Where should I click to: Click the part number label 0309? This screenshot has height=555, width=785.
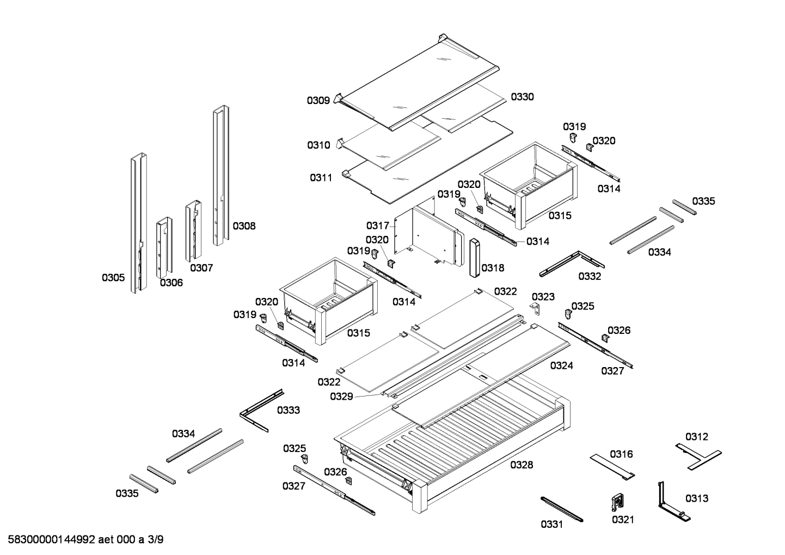[318, 100]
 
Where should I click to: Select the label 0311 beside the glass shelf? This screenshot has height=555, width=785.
[321, 178]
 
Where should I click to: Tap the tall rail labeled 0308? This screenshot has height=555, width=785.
[220, 174]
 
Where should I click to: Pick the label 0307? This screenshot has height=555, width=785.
[201, 268]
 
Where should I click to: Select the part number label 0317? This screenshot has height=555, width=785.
[377, 225]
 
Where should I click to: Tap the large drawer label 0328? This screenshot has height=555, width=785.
[522, 465]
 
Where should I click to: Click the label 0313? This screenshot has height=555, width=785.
[697, 498]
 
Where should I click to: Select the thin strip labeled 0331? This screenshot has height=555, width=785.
[561, 508]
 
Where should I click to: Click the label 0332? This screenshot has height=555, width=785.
[590, 276]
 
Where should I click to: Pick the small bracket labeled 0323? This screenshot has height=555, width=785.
[536, 309]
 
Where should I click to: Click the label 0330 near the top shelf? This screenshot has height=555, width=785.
[522, 97]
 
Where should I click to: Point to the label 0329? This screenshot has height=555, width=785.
[341, 397]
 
